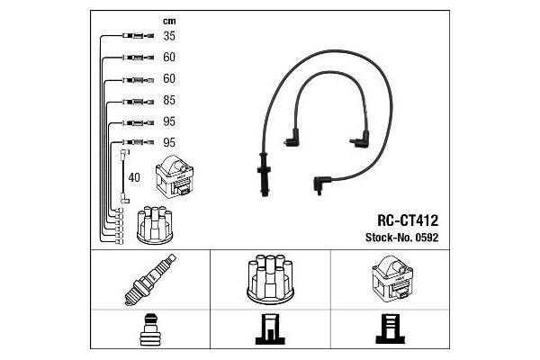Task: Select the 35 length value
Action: (x=169, y=37)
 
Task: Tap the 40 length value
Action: (x=135, y=177)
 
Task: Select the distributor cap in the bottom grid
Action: (x=269, y=281)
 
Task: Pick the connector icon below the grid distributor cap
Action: (x=269, y=331)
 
